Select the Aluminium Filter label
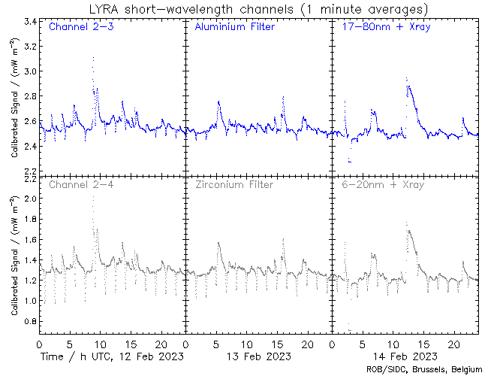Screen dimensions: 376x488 (234, 28)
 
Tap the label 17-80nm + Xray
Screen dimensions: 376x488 (381, 28)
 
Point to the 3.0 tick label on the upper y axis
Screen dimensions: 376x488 (29, 71)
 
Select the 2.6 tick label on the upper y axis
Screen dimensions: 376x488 (29, 122)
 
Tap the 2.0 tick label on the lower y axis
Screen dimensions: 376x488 (29, 198)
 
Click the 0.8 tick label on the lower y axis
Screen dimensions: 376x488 (29, 321)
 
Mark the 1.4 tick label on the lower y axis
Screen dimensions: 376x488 (29, 259)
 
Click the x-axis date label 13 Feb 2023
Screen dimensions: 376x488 (258, 355)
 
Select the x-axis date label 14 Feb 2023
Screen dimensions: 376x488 (405, 355)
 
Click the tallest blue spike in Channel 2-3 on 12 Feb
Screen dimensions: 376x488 (93, 57)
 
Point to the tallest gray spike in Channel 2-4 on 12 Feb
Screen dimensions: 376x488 (93, 197)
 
